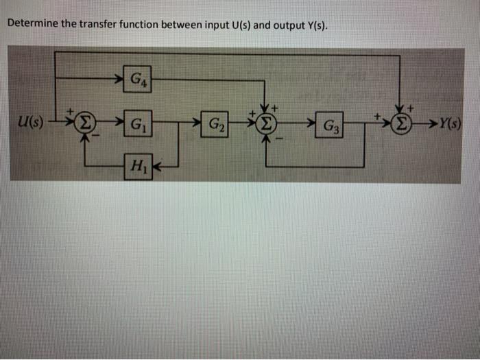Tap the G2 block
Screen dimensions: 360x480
pos(215,125)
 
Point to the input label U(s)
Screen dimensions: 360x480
pos(32,124)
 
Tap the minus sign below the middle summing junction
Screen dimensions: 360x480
pos(278,139)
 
